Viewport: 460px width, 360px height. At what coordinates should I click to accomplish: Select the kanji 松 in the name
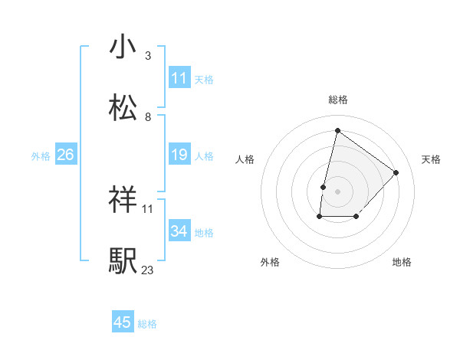point(123,107)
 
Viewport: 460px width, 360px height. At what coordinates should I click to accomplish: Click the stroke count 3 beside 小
point(147,56)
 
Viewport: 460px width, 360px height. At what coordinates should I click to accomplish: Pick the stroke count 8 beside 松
point(147,117)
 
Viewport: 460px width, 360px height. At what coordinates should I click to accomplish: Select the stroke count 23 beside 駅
point(147,270)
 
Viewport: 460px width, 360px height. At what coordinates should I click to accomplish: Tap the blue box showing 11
point(179,78)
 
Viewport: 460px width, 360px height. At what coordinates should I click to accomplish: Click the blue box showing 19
point(179,155)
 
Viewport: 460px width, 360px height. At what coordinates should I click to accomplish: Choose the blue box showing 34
point(179,231)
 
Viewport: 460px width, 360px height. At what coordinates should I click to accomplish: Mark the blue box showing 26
point(66,155)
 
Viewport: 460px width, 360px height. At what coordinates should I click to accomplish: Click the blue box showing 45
point(123,322)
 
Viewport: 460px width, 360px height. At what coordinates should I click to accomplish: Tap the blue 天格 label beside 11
point(204,79)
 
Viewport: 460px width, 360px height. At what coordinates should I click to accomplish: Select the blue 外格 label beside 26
point(41,155)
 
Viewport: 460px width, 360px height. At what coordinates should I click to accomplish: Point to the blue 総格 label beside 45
point(147,323)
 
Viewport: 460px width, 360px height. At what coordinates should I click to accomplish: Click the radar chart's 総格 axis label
point(338,100)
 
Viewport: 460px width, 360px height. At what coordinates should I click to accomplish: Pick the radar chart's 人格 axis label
point(245,159)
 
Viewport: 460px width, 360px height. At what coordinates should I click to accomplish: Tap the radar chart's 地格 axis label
point(402,263)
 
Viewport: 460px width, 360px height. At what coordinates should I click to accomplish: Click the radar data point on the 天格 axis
point(396,172)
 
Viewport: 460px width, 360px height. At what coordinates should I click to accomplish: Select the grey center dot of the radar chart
point(338,191)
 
